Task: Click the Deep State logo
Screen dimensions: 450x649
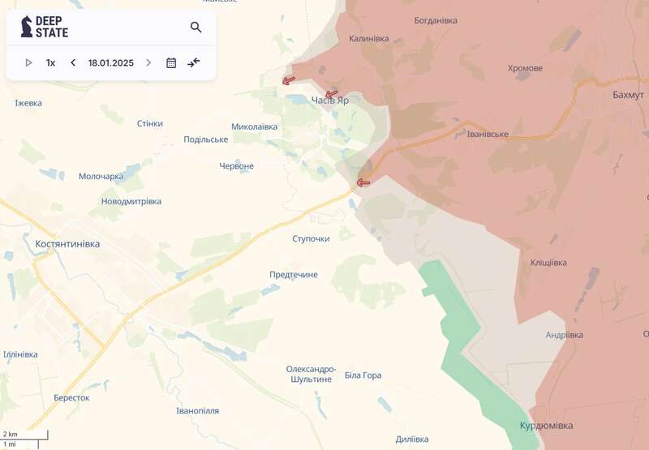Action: coord(45,27)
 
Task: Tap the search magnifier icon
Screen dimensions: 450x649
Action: coord(196,28)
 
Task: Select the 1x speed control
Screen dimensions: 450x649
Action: coord(50,62)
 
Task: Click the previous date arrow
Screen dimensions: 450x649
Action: coord(73,62)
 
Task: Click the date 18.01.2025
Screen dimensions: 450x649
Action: coord(111,62)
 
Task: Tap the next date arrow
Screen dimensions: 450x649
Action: coord(148,62)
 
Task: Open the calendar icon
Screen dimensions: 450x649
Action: coord(171,62)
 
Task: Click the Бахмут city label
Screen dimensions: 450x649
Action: coord(628,95)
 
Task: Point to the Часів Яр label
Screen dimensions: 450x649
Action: coord(330,101)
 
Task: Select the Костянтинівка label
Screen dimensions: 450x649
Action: coord(67,243)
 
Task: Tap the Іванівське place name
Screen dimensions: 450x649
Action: coord(488,134)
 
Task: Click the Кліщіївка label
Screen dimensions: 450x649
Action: coord(548,263)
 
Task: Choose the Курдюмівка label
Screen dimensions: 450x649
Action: coord(546,426)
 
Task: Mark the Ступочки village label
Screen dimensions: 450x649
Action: coord(311,238)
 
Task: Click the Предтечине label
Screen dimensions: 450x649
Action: coord(294,275)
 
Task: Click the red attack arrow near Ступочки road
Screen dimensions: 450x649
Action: coord(363,182)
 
